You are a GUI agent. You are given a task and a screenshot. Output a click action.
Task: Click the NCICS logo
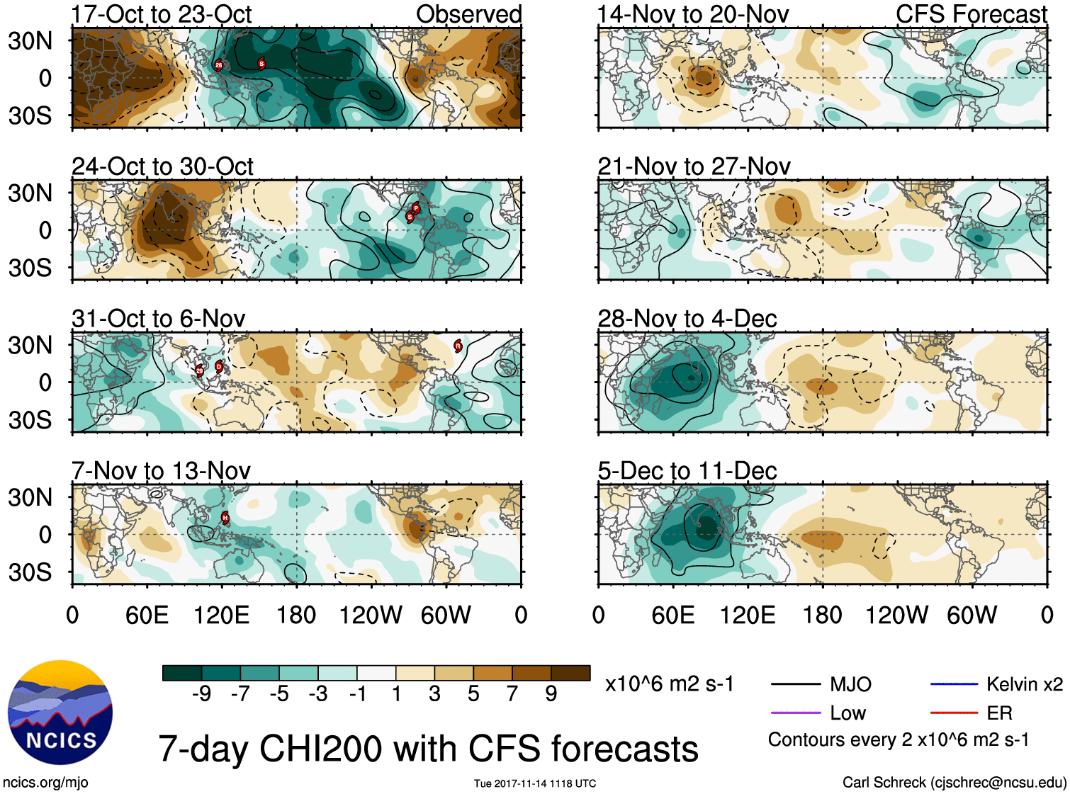[x=60, y=713]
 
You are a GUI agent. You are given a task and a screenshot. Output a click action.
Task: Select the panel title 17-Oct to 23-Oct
[x=162, y=14]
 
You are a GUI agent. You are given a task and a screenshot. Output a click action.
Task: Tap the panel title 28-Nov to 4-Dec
[x=687, y=319]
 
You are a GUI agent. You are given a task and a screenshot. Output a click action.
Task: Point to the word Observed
[x=468, y=14]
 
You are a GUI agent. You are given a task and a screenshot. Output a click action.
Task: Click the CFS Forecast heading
[x=971, y=14]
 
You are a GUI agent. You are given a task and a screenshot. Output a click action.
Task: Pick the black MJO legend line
[x=795, y=684]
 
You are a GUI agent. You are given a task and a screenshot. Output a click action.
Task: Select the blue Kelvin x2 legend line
[x=954, y=684]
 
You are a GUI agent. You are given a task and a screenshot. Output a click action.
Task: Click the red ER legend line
[x=954, y=713]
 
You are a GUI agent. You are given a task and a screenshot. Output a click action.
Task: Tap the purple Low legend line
[x=795, y=713]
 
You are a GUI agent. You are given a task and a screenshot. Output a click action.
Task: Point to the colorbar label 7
[x=512, y=694]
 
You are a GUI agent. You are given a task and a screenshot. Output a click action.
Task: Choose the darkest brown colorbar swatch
[x=570, y=673]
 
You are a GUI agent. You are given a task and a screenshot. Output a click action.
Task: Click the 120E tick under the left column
[x=221, y=615]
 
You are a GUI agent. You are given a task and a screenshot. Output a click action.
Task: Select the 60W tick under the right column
[x=972, y=615]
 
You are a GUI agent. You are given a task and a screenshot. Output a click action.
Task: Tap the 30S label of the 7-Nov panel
[x=30, y=572]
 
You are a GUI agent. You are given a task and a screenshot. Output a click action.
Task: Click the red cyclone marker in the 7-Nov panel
[x=225, y=518]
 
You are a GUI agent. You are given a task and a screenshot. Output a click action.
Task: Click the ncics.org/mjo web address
[x=45, y=783]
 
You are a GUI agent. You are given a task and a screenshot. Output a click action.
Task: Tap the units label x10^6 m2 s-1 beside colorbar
[x=669, y=684]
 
